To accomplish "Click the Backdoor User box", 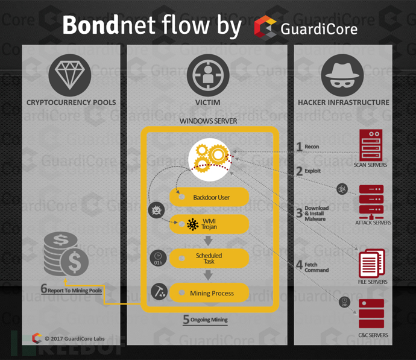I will coord(209,197).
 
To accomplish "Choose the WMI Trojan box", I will coord(209,224).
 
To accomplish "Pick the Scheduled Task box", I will coord(209,258).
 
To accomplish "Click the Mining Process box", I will coord(209,293).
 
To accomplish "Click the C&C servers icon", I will coord(371,314).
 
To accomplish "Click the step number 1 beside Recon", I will coord(299,146).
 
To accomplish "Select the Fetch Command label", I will coord(317,267).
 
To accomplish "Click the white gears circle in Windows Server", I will coord(210,159).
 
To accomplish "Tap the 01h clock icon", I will coord(158,258).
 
